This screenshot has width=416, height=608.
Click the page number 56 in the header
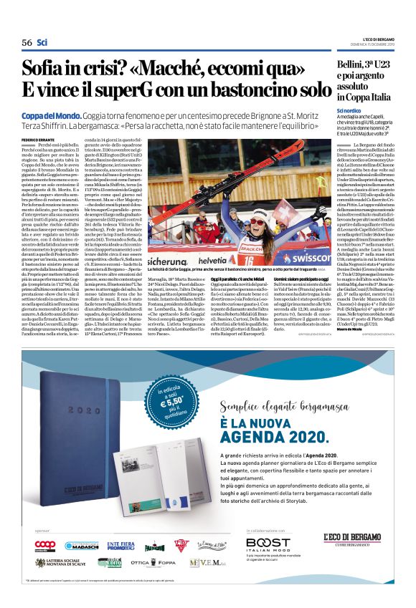[27, 42]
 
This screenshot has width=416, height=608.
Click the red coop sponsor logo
[45, 545]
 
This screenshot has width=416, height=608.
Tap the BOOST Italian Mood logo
[268, 546]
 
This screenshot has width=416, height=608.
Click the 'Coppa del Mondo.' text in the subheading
[46, 114]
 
